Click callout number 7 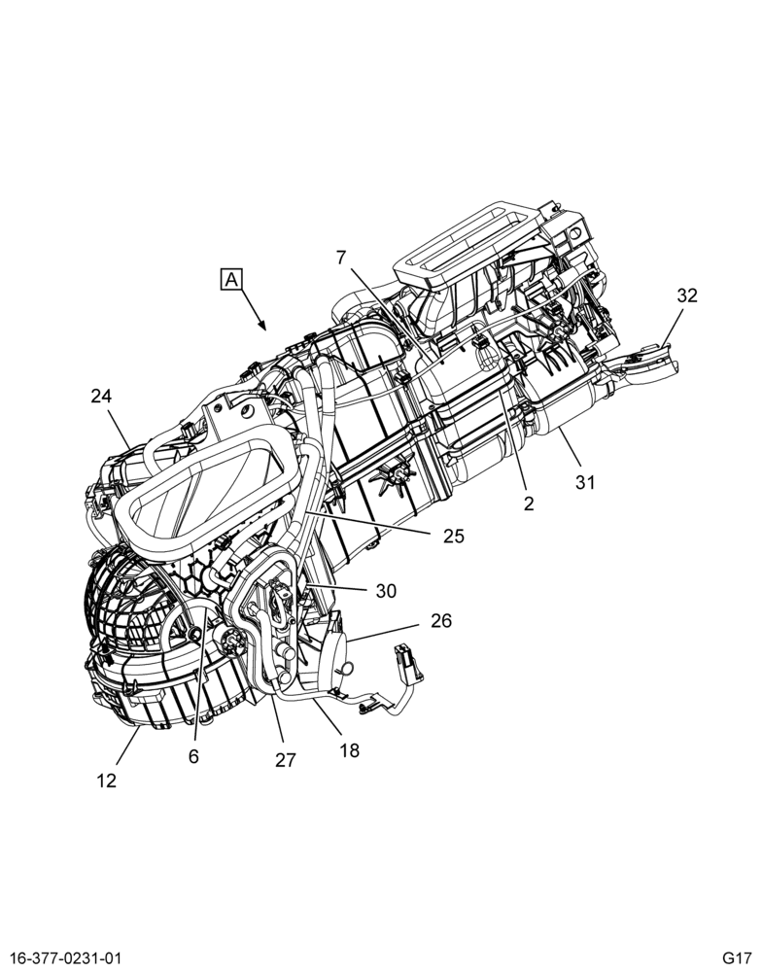[341, 258]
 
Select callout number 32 [687, 295]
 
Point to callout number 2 [529, 503]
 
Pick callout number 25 [453, 536]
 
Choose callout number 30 [386, 591]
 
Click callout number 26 [441, 620]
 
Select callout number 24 [101, 396]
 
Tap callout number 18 [349, 750]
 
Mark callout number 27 [285, 759]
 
